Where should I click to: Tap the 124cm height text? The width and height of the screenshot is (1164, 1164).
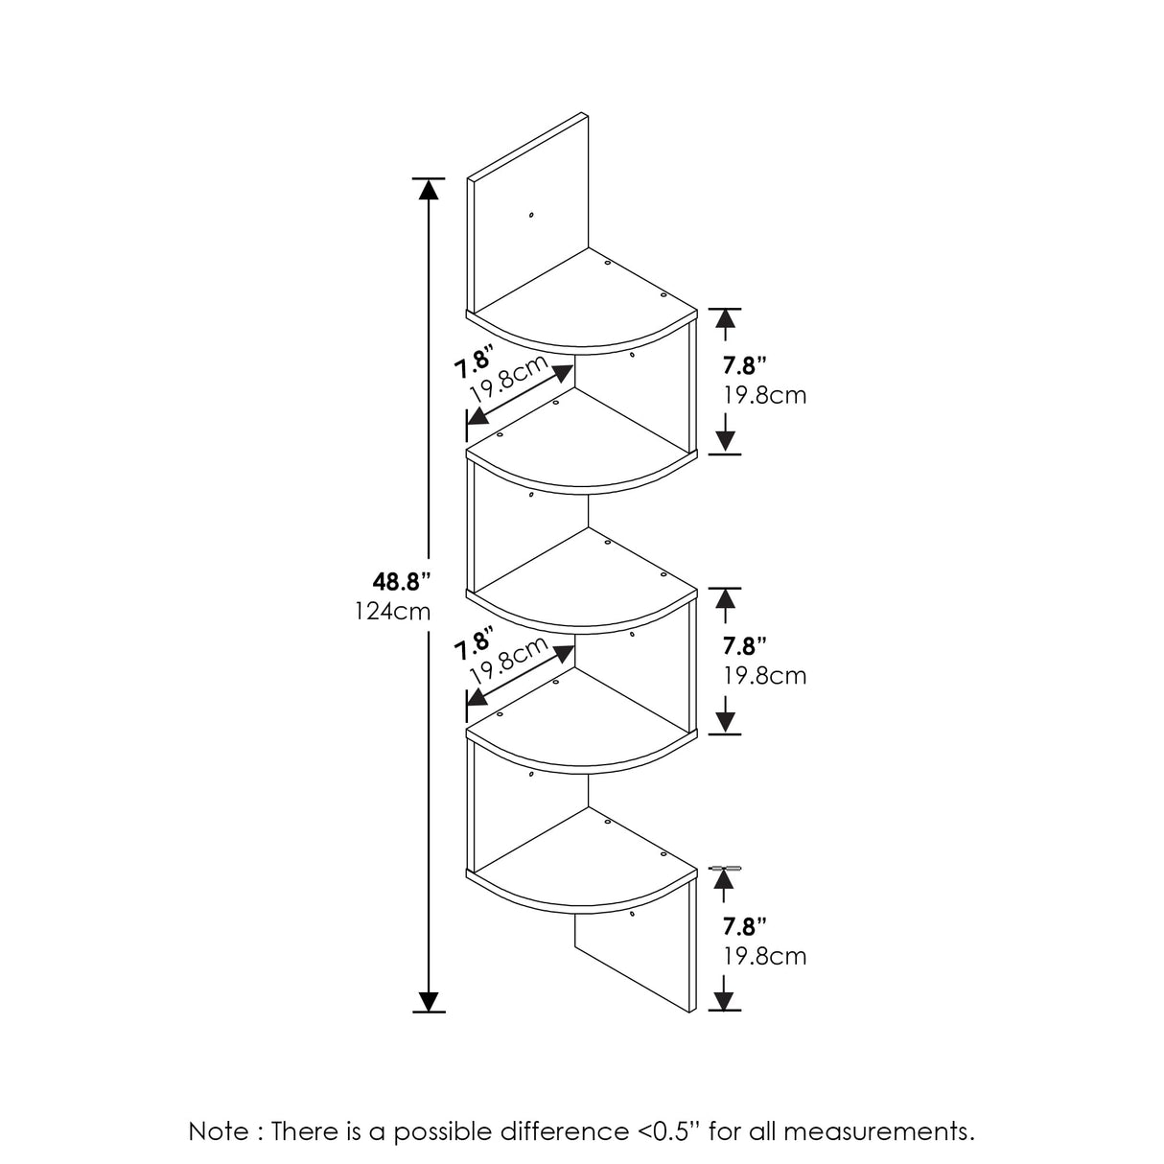pos(393,611)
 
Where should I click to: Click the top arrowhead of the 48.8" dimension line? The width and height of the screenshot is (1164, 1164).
pos(429,188)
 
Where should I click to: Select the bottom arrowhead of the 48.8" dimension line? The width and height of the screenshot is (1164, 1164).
pos(429,1001)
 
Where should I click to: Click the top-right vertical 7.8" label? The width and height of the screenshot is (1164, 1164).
pos(745,365)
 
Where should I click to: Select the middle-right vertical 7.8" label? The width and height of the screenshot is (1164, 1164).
pos(745,645)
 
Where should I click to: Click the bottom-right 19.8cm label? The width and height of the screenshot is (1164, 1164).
pos(764,956)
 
